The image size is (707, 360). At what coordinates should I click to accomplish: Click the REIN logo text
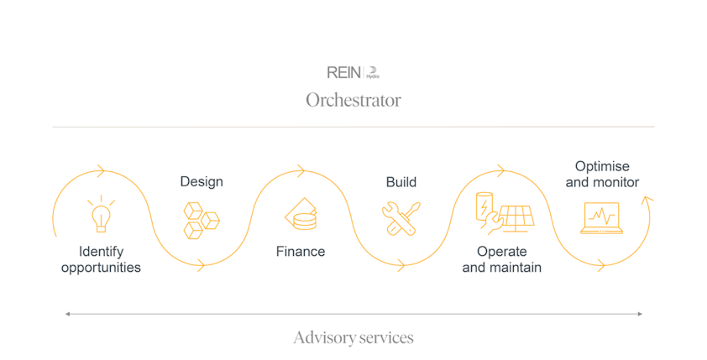pos(343,73)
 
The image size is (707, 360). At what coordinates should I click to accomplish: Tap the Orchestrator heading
pos(353,100)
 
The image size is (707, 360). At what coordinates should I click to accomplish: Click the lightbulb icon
pos(101,215)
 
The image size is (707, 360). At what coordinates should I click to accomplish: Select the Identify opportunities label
pos(101,259)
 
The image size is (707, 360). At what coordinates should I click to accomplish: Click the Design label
pos(202,182)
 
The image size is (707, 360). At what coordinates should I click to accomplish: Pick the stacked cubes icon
pos(202,220)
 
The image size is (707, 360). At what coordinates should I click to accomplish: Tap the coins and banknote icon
pos(301,216)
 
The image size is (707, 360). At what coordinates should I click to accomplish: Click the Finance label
pos(301,252)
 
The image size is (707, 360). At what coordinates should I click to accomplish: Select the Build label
pos(401,182)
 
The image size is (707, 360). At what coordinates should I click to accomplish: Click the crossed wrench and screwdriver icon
pos(401,219)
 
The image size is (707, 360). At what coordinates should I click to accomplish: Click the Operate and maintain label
pos(501,259)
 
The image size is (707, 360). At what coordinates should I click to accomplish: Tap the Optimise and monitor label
pos(602,175)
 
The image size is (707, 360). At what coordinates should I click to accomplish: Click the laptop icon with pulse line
pos(601,218)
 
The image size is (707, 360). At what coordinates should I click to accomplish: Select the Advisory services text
pos(353,337)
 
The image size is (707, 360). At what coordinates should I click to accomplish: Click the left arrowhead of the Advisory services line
pos(67,314)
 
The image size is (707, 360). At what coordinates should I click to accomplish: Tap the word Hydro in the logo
pos(373,76)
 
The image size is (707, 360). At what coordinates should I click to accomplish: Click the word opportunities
pos(101,268)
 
